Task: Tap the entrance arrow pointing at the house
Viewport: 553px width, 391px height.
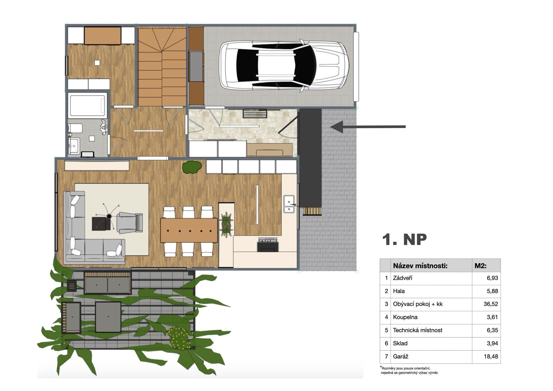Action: click(x=368, y=126)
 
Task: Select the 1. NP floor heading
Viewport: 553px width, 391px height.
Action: click(x=404, y=239)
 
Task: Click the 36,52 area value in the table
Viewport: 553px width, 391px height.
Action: click(x=491, y=304)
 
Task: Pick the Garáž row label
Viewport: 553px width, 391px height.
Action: click(x=401, y=356)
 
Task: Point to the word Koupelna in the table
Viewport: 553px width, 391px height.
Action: click(x=405, y=317)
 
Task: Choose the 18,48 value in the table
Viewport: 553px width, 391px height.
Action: click(x=491, y=356)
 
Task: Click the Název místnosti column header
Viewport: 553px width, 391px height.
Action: click(x=420, y=266)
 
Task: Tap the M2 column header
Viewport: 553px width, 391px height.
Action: click(x=480, y=266)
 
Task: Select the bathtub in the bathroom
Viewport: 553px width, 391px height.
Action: click(x=88, y=105)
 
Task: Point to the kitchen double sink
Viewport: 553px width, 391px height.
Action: click(x=289, y=204)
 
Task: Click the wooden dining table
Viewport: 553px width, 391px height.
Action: click(x=189, y=230)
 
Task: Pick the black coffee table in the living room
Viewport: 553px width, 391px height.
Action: click(x=101, y=224)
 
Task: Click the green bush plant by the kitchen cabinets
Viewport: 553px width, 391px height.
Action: click(x=192, y=167)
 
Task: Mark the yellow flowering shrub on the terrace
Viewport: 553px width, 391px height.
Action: click(x=179, y=338)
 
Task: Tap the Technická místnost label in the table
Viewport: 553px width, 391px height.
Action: click(x=418, y=330)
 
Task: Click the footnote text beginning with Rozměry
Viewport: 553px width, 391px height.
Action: click(x=409, y=371)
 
